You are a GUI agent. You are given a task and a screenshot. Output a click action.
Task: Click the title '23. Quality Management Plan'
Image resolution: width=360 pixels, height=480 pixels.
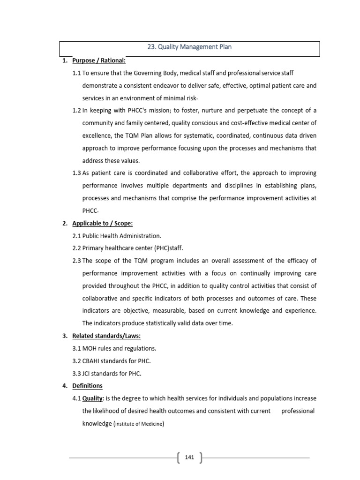(190, 47)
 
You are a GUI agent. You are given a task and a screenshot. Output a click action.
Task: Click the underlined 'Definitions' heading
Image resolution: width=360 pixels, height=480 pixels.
(87, 386)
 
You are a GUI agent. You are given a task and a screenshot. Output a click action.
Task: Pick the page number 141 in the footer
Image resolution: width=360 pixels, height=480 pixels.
(189, 457)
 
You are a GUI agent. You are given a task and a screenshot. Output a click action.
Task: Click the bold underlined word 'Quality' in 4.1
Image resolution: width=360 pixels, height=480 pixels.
(93, 398)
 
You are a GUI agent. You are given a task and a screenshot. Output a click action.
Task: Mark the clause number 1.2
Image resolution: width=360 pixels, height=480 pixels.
(77, 111)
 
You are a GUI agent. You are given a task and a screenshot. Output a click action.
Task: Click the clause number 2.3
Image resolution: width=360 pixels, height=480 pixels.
(77, 261)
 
